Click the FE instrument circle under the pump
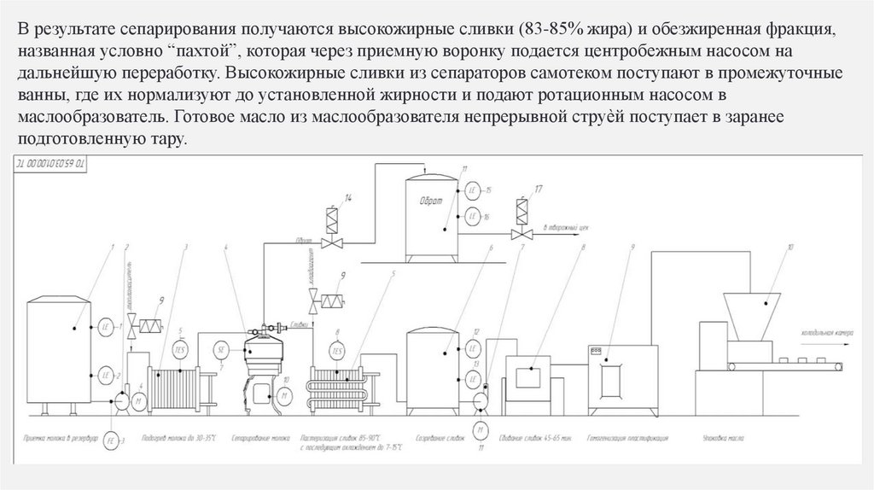coord(110,441)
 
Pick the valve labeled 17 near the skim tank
coord(518,211)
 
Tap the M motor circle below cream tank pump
coord(481,429)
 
